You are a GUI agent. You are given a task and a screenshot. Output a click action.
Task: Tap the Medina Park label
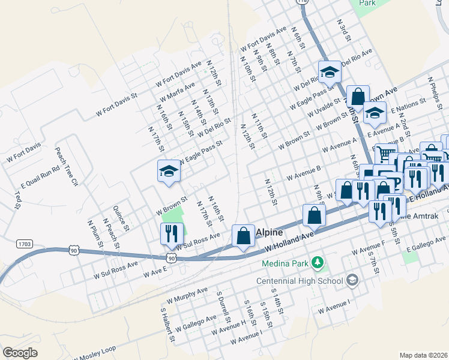[x=285, y=263]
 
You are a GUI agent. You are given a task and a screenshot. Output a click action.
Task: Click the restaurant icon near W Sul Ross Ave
[x=172, y=233]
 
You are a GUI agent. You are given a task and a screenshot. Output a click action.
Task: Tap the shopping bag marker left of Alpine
[x=243, y=236]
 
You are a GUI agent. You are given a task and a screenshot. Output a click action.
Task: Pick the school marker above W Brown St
[x=169, y=172]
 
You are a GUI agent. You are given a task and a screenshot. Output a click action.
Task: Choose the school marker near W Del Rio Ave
[x=329, y=73]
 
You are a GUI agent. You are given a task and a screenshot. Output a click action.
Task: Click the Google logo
[x=20, y=353]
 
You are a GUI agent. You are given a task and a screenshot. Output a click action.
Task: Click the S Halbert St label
[x=167, y=326]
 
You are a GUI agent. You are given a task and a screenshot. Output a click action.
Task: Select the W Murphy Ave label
[x=187, y=295]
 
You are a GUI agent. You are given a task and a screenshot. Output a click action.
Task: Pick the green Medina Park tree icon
[x=318, y=263]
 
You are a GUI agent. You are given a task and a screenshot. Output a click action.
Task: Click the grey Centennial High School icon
[x=352, y=280]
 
